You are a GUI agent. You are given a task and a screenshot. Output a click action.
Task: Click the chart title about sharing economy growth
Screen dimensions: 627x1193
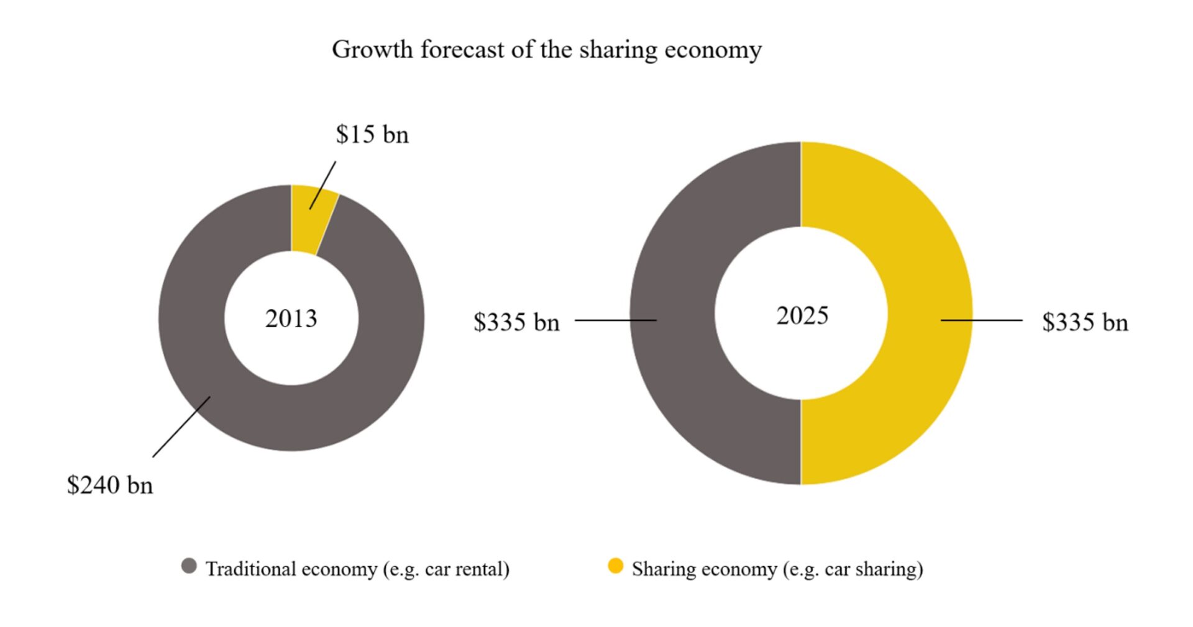point(546,50)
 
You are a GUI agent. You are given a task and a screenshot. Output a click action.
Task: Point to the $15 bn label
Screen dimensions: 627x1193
point(372,135)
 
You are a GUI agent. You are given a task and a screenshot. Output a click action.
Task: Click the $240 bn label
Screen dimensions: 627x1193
point(109,485)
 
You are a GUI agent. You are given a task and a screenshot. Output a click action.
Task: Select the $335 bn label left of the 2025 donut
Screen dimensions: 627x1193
point(516,322)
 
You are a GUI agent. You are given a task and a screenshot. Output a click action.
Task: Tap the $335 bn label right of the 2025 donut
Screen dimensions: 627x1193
point(1085,322)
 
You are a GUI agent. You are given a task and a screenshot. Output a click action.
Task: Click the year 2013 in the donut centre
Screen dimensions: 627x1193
point(291,318)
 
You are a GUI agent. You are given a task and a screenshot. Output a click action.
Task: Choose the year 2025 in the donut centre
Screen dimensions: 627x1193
point(802,315)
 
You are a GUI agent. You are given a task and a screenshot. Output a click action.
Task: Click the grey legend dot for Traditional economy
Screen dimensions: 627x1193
point(189,566)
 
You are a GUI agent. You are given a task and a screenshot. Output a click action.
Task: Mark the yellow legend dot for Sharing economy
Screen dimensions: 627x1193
point(615,566)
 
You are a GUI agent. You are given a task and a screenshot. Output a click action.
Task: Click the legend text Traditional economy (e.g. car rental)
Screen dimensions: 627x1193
point(357,569)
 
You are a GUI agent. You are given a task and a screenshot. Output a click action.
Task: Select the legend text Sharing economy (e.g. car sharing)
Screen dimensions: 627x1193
point(777,569)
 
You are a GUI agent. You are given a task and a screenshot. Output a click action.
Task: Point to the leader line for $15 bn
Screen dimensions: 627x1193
point(323,185)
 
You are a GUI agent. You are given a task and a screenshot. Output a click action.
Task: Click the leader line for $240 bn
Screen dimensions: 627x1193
point(181,427)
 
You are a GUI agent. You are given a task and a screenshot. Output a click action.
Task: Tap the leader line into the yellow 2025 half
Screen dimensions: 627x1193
point(982,320)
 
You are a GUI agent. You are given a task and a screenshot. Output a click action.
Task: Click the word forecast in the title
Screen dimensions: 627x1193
point(462,50)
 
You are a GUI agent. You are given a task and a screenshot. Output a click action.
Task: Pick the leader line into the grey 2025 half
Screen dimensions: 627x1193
point(615,320)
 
